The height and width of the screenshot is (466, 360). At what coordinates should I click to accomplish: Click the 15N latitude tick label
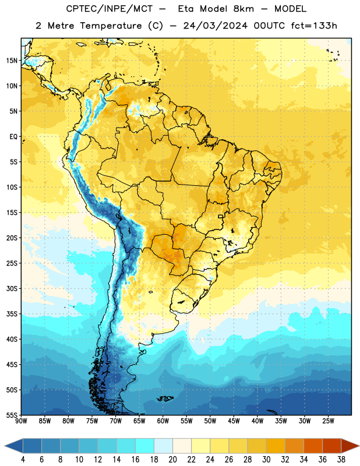click(12, 61)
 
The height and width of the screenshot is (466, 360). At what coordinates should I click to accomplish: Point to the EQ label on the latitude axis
click(13, 137)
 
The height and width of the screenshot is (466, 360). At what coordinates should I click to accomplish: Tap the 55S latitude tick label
click(12, 415)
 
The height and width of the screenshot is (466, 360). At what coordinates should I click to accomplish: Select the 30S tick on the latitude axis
click(12, 288)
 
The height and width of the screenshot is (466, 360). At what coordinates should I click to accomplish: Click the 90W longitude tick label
click(21, 421)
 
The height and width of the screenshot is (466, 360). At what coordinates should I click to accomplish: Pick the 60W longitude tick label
click(163, 421)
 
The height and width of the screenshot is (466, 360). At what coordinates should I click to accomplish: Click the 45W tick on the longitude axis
click(234, 421)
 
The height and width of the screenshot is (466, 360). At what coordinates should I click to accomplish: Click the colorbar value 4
click(23, 460)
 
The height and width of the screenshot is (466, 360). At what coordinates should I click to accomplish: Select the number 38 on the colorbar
click(341, 460)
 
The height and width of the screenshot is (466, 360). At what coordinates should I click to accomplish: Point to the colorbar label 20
click(172, 460)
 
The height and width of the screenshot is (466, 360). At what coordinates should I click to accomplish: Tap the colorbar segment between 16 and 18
click(145, 446)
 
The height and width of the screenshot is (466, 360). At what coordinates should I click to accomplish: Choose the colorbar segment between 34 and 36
click(313, 446)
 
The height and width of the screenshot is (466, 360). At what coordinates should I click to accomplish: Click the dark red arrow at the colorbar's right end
click(350, 446)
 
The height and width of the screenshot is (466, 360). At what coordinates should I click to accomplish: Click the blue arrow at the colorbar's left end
click(14, 446)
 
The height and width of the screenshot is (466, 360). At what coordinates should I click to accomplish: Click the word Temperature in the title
click(111, 26)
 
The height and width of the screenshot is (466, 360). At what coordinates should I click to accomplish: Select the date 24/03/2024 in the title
click(216, 26)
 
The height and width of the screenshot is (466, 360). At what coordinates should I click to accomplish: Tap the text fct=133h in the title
click(314, 26)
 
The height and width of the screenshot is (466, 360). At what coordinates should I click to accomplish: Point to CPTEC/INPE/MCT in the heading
click(110, 9)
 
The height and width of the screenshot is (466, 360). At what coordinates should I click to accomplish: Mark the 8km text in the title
click(243, 9)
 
